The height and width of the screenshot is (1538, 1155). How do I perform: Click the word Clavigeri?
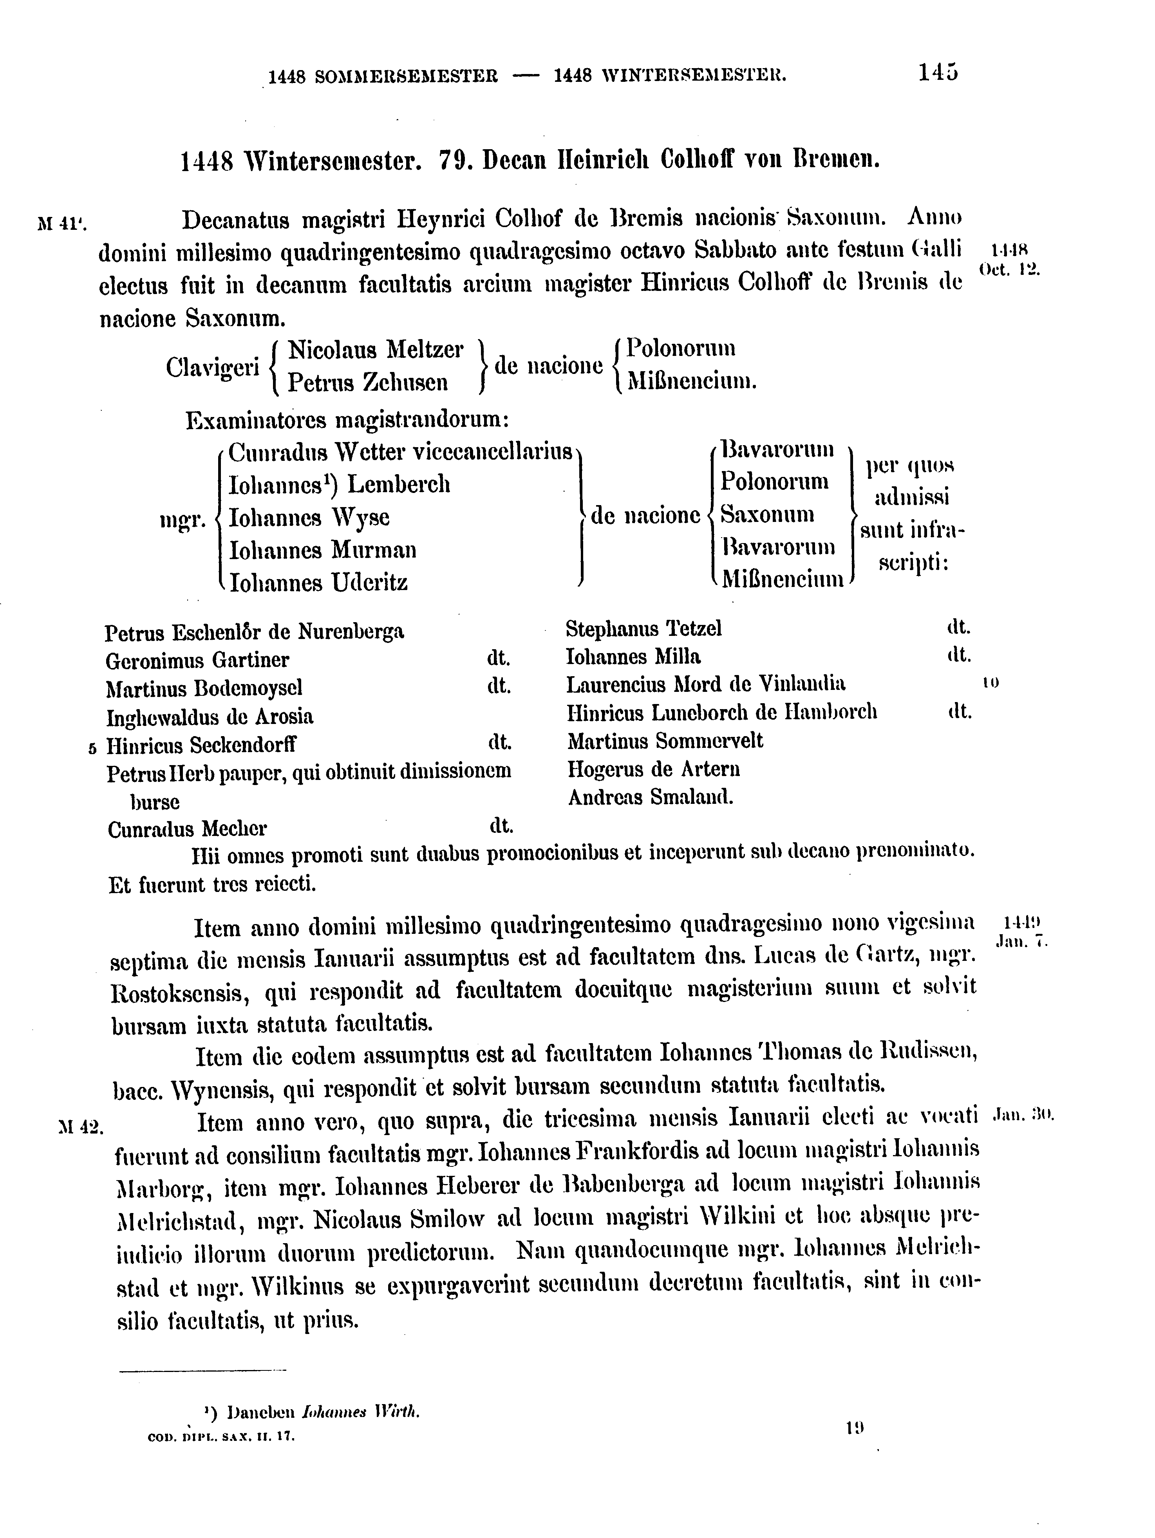point(212,366)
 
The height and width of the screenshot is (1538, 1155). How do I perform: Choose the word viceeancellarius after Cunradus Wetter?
point(492,453)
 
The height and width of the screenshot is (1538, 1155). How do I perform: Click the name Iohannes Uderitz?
point(318,582)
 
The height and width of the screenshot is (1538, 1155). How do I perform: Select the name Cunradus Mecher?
point(187,829)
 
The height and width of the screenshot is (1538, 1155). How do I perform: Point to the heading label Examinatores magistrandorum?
point(348,421)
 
